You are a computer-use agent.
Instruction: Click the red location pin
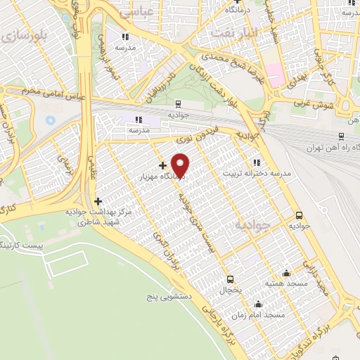click(181, 165)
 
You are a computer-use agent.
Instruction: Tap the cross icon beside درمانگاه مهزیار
click(162, 165)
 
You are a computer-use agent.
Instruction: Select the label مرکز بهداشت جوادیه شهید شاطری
click(104, 216)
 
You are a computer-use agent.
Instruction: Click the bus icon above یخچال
click(229, 278)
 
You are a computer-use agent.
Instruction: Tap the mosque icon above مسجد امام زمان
click(259, 304)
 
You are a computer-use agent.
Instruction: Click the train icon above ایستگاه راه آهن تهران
click(340, 137)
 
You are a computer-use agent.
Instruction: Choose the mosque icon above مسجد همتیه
click(286, 273)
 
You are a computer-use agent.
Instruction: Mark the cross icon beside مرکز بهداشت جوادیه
click(98, 201)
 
